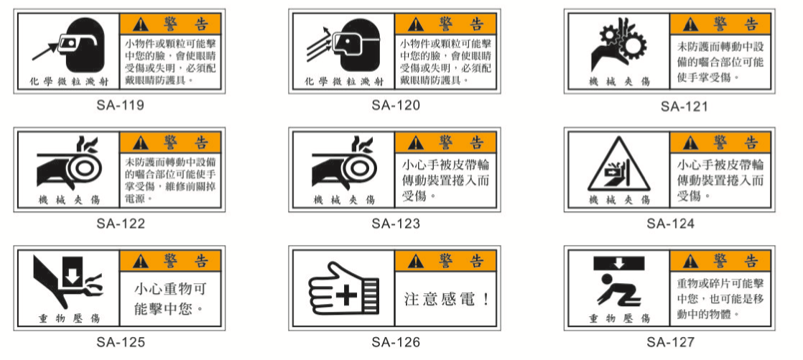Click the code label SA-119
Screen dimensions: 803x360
121,106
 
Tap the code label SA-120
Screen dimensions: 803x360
396,106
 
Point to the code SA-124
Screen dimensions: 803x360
670,223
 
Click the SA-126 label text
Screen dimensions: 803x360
396,342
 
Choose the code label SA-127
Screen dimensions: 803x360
670,342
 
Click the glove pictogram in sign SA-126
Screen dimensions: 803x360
343,290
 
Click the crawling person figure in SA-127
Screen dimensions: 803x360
617,291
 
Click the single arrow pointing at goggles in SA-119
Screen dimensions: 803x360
46,51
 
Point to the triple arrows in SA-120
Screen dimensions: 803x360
320,45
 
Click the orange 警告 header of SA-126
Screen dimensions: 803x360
445,261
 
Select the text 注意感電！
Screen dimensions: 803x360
447,299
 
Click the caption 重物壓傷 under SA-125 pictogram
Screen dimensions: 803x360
69,318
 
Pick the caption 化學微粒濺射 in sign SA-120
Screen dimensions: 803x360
343,81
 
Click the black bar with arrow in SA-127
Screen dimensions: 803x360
619,263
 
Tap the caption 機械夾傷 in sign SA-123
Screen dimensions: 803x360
343,200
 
